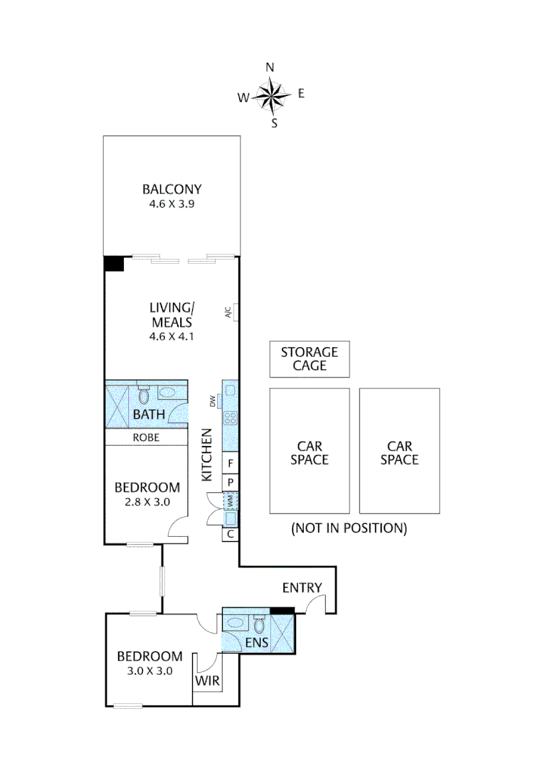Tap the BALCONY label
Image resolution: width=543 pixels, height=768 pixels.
pyautogui.click(x=172, y=189)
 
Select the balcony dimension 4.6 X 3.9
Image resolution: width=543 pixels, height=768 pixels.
pyautogui.click(x=172, y=203)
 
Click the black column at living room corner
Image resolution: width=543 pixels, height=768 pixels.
pyautogui.click(x=114, y=263)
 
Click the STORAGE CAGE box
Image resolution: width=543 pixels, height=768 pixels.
pyautogui.click(x=310, y=359)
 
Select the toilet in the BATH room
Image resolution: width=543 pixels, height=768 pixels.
pyautogui.click(x=143, y=395)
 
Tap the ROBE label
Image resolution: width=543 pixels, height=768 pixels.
pyautogui.click(x=146, y=438)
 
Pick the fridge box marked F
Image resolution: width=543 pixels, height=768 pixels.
pyautogui.click(x=231, y=464)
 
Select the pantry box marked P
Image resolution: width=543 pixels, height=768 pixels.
pyautogui.click(x=231, y=481)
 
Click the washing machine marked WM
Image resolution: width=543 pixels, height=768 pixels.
pyautogui.click(x=231, y=501)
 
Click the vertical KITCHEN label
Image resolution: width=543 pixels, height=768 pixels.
pyautogui.click(x=207, y=455)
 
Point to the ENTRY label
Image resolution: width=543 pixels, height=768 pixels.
pyautogui.click(x=302, y=587)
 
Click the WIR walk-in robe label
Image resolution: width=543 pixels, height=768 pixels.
pyautogui.click(x=207, y=681)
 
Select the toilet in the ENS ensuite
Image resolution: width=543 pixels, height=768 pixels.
pyautogui.click(x=260, y=625)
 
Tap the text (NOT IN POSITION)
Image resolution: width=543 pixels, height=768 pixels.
pyautogui.click(x=349, y=528)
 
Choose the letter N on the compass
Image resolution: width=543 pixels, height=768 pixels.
pyautogui.click(x=270, y=68)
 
